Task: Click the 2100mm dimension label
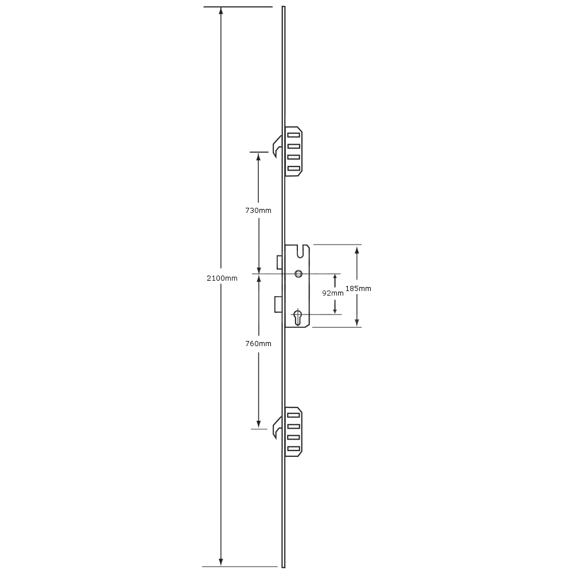[x=222, y=278]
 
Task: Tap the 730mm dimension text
[x=258, y=210]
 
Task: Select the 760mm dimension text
[x=258, y=343]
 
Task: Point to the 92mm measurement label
[x=333, y=293]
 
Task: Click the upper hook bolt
[x=277, y=145]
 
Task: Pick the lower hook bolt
[x=277, y=425]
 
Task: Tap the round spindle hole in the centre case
[x=298, y=274]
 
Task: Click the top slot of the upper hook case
[x=294, y=135]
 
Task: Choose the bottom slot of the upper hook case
[x=294, y=168]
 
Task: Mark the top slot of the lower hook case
[x=294, y=416]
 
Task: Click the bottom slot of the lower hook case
[x=294, y=448]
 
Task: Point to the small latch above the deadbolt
[x=280, y=262]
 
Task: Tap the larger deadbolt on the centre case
[x=278, y=304]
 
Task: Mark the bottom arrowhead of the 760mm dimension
[x=258, y=424]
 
